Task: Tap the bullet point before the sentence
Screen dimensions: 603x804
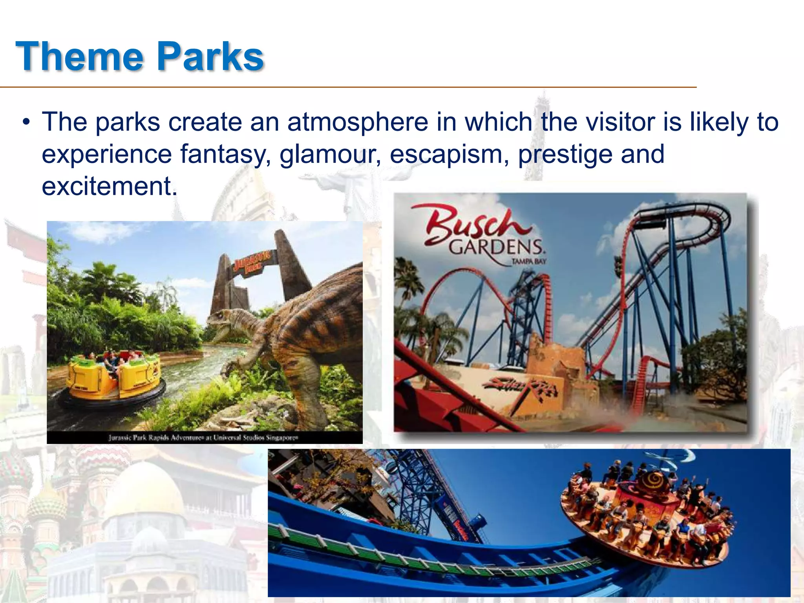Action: pyautogui.click(x=26, y=122)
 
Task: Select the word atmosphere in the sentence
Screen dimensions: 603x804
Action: pyautogui.click(x=358, y=122)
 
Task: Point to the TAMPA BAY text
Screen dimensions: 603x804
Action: pyautogui.click(x=528, y=261)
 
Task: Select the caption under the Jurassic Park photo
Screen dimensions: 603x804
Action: pyautogui.click(x=204, y=437)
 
